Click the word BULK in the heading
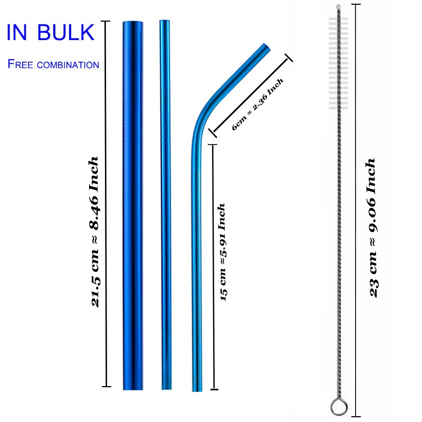65,32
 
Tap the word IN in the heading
17,32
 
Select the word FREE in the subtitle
20,64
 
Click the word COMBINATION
68,65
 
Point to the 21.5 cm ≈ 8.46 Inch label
94,232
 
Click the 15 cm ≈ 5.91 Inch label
222,252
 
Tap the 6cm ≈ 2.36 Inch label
257,104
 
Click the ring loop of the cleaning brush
339,407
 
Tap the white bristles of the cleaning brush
338,63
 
